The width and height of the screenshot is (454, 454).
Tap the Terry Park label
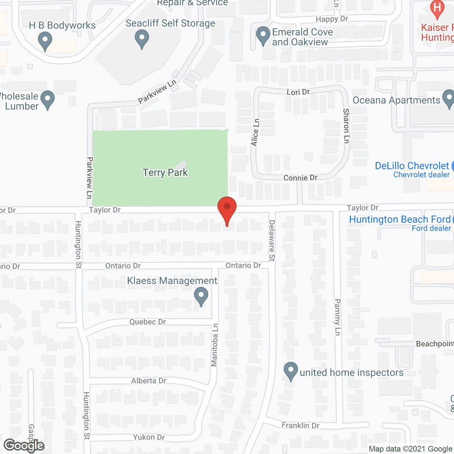[x=165, y=173]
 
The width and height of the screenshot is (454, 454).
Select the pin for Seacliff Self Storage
[x=142, y=39]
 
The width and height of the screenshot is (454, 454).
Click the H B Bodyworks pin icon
[x=45, y=40]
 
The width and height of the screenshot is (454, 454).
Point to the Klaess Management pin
[x=201, y=297]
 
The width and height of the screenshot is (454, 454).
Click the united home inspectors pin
[x=291, y=371]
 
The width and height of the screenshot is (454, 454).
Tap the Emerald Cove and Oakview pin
[x=263, y=36]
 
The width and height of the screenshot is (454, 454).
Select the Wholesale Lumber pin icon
[x=48, y=100]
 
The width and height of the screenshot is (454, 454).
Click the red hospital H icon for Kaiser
[x=437, y=9]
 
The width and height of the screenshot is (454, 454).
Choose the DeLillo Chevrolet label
[x=412, y=166]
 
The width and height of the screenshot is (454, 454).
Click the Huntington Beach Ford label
[x=400, y=219]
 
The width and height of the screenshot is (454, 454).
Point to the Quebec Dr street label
[x=148, y=322]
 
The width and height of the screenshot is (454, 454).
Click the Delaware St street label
[x=272, y=240]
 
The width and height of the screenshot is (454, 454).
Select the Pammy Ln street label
[x=337, y=317]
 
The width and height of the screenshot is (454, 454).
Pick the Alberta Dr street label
[x=149, y=381]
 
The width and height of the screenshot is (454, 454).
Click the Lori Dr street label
[x=298, y=92]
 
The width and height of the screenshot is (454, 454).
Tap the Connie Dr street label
[x=300, y=178]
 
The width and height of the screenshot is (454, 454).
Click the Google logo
[x=24, y=445]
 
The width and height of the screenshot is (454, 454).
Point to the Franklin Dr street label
[x=300, y=425]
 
